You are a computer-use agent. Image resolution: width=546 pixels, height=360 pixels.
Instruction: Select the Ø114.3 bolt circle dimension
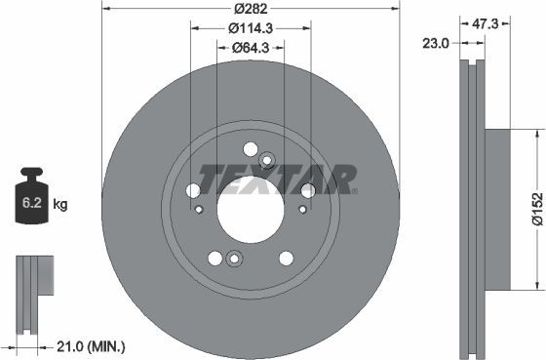coord(251,28)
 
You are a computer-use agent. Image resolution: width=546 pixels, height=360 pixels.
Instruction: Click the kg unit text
coord(59,205)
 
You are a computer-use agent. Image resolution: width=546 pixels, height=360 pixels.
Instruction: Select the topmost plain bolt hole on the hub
coord(250,149)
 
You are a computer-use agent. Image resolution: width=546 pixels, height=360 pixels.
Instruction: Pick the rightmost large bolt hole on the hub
coord(307,190)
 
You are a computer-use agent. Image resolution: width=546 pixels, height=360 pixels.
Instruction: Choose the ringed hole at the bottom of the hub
coord(233,260)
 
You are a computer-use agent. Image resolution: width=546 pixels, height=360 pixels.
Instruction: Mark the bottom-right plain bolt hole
coord(286,258)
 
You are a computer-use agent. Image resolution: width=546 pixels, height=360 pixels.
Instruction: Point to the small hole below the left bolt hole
coord(199,209)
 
